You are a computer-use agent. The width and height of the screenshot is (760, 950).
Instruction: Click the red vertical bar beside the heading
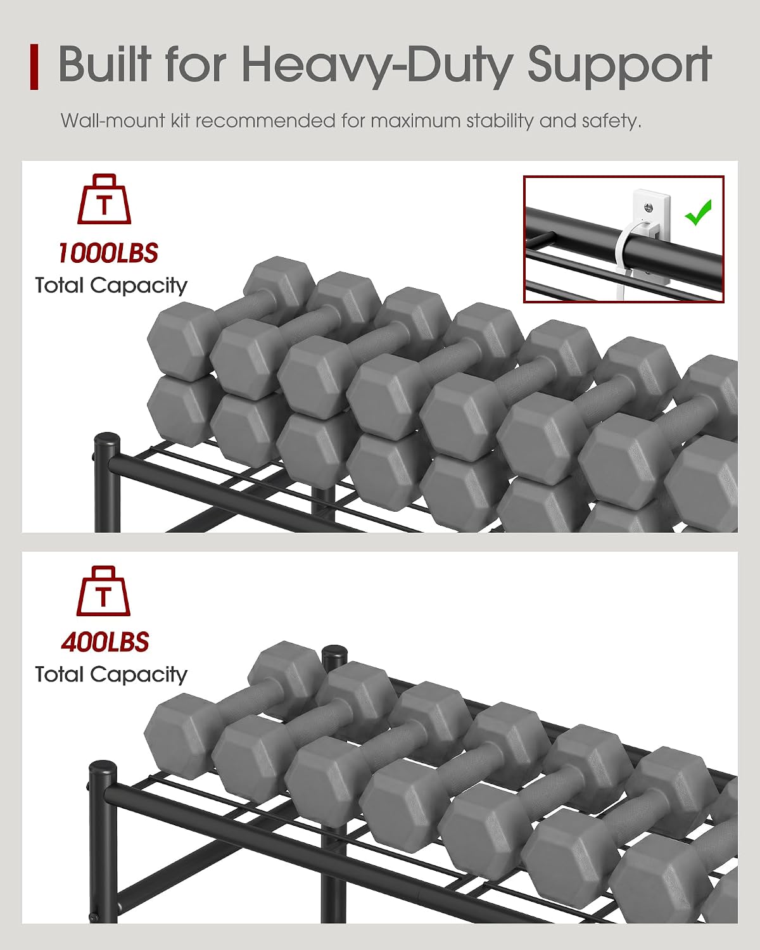coord(34,66)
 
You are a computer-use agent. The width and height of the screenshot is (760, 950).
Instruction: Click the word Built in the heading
coord(104,63)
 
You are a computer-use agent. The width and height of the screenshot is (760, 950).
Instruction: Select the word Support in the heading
coord(619,66)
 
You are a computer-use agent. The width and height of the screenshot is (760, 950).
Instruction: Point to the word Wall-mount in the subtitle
coord(113,120)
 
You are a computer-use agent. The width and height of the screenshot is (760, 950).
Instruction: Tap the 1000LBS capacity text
coord(108,253)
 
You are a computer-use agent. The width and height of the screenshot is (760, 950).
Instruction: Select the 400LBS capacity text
coord(105,642)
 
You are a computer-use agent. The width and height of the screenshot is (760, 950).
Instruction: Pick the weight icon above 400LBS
coord(103,591)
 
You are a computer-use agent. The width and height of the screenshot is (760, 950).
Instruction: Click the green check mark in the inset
coord(698,212)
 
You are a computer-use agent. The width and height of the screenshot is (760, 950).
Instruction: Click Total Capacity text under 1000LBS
coord(111,286)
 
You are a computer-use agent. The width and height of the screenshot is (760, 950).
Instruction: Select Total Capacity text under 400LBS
coord(111,675)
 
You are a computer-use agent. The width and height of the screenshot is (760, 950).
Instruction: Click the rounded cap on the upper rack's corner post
coord(107,440)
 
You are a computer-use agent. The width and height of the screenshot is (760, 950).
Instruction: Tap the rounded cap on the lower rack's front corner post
coord(103,768)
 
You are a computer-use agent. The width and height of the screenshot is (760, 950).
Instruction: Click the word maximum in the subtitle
coord(416,120)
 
